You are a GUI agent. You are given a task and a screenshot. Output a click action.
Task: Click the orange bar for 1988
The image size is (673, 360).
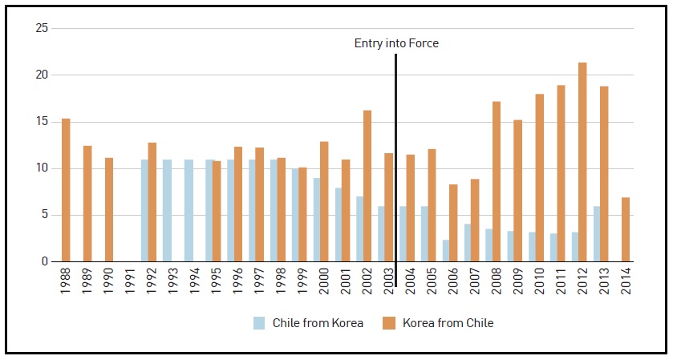66,190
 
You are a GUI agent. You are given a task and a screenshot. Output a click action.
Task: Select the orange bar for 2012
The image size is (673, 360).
582,162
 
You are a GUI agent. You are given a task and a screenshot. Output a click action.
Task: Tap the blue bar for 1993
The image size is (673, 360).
167,210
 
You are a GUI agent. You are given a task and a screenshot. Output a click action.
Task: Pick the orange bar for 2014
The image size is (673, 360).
626,229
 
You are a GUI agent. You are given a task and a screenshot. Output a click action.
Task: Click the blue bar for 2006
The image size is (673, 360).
446,250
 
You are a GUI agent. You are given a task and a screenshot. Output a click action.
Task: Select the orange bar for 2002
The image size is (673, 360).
367,186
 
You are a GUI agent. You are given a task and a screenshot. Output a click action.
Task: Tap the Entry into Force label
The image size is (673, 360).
396,43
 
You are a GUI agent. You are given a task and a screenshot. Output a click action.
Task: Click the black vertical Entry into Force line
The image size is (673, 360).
395,160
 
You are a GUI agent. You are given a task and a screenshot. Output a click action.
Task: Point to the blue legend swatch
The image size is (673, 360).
259,323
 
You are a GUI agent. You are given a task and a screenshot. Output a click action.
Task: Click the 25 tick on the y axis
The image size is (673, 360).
43,29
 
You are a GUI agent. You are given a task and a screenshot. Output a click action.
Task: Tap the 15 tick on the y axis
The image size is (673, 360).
43,122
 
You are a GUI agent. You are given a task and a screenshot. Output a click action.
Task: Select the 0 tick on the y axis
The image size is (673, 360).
46,261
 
